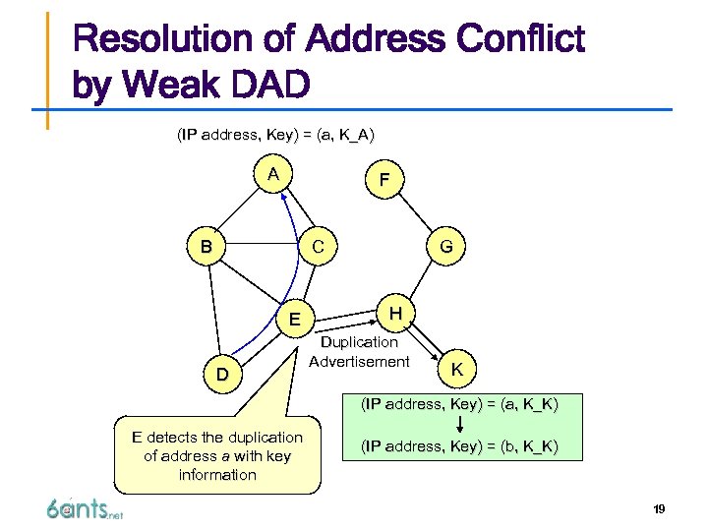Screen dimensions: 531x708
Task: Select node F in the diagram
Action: coord(384,181)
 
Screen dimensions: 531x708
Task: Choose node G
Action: coord(445,247)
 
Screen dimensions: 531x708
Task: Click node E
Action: coord(294,318)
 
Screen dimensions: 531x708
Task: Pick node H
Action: coord(394,313)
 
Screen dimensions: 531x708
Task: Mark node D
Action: coord(223,375)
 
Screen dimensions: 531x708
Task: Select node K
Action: coord(456,368)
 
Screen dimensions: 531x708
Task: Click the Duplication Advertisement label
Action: coord(359,352)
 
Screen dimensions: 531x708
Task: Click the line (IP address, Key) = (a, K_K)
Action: coord(459,403)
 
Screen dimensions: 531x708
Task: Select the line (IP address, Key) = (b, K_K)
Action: coord(459,446)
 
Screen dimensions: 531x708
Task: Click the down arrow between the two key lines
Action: coord(460,425)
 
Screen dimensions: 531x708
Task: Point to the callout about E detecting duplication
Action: coord(217,455)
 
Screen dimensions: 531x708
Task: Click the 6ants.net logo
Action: coord(85,509)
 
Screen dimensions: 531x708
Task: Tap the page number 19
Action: coord(658,508)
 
